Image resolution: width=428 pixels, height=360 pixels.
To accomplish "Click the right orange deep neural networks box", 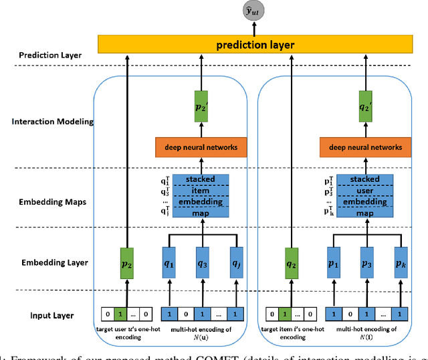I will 365,147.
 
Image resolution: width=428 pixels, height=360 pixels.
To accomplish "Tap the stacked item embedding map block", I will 201,195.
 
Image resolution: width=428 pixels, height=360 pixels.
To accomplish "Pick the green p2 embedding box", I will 128,264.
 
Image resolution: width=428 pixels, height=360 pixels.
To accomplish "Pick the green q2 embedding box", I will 292,264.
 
